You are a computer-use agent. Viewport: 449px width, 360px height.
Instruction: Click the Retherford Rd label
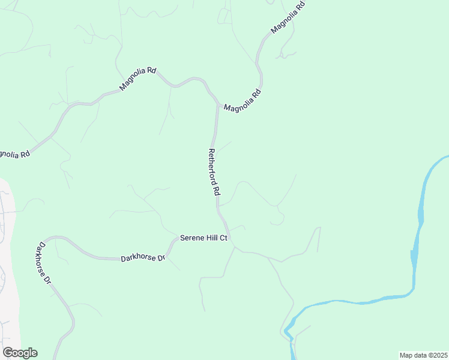coord(214,173)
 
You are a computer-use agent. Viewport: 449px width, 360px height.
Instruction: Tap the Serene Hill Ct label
coord(204,238)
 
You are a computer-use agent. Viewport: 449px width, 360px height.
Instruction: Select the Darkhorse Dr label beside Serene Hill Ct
coord(142,258)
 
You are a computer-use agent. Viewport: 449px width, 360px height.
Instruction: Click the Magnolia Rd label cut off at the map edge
coord(13,154)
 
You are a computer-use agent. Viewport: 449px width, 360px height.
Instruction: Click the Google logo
coord(20,353)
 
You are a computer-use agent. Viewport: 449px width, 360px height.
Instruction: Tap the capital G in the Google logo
coord(7,352)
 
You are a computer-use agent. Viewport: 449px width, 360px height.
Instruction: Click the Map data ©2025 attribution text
coord(424,355)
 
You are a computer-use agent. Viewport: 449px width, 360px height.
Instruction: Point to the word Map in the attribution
coord(406,355)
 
